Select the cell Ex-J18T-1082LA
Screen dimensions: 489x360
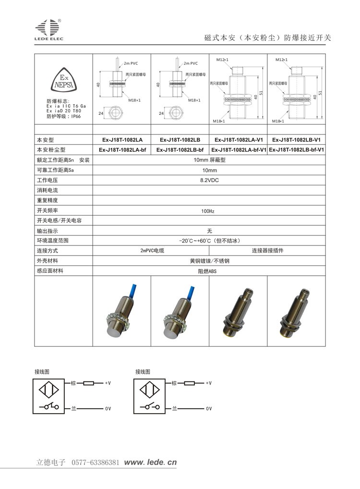click(122, 140)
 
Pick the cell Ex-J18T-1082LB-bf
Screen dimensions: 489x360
click(180, 150)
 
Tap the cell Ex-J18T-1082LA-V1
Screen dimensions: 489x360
click(239, 140)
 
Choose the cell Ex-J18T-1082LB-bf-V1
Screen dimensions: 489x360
click(297, 150)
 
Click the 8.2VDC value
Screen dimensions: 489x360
click(209, 180)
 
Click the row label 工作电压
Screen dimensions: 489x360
click(48, 180)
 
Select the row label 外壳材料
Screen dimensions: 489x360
click(48, 261)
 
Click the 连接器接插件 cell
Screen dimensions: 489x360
click(267, 251)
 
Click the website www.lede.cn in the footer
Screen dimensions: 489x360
click(151, 463)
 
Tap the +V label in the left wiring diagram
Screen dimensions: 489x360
click(108, 383)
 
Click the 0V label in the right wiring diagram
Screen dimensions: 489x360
click(209, 408)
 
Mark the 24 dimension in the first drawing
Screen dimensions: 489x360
click(101, 113)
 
